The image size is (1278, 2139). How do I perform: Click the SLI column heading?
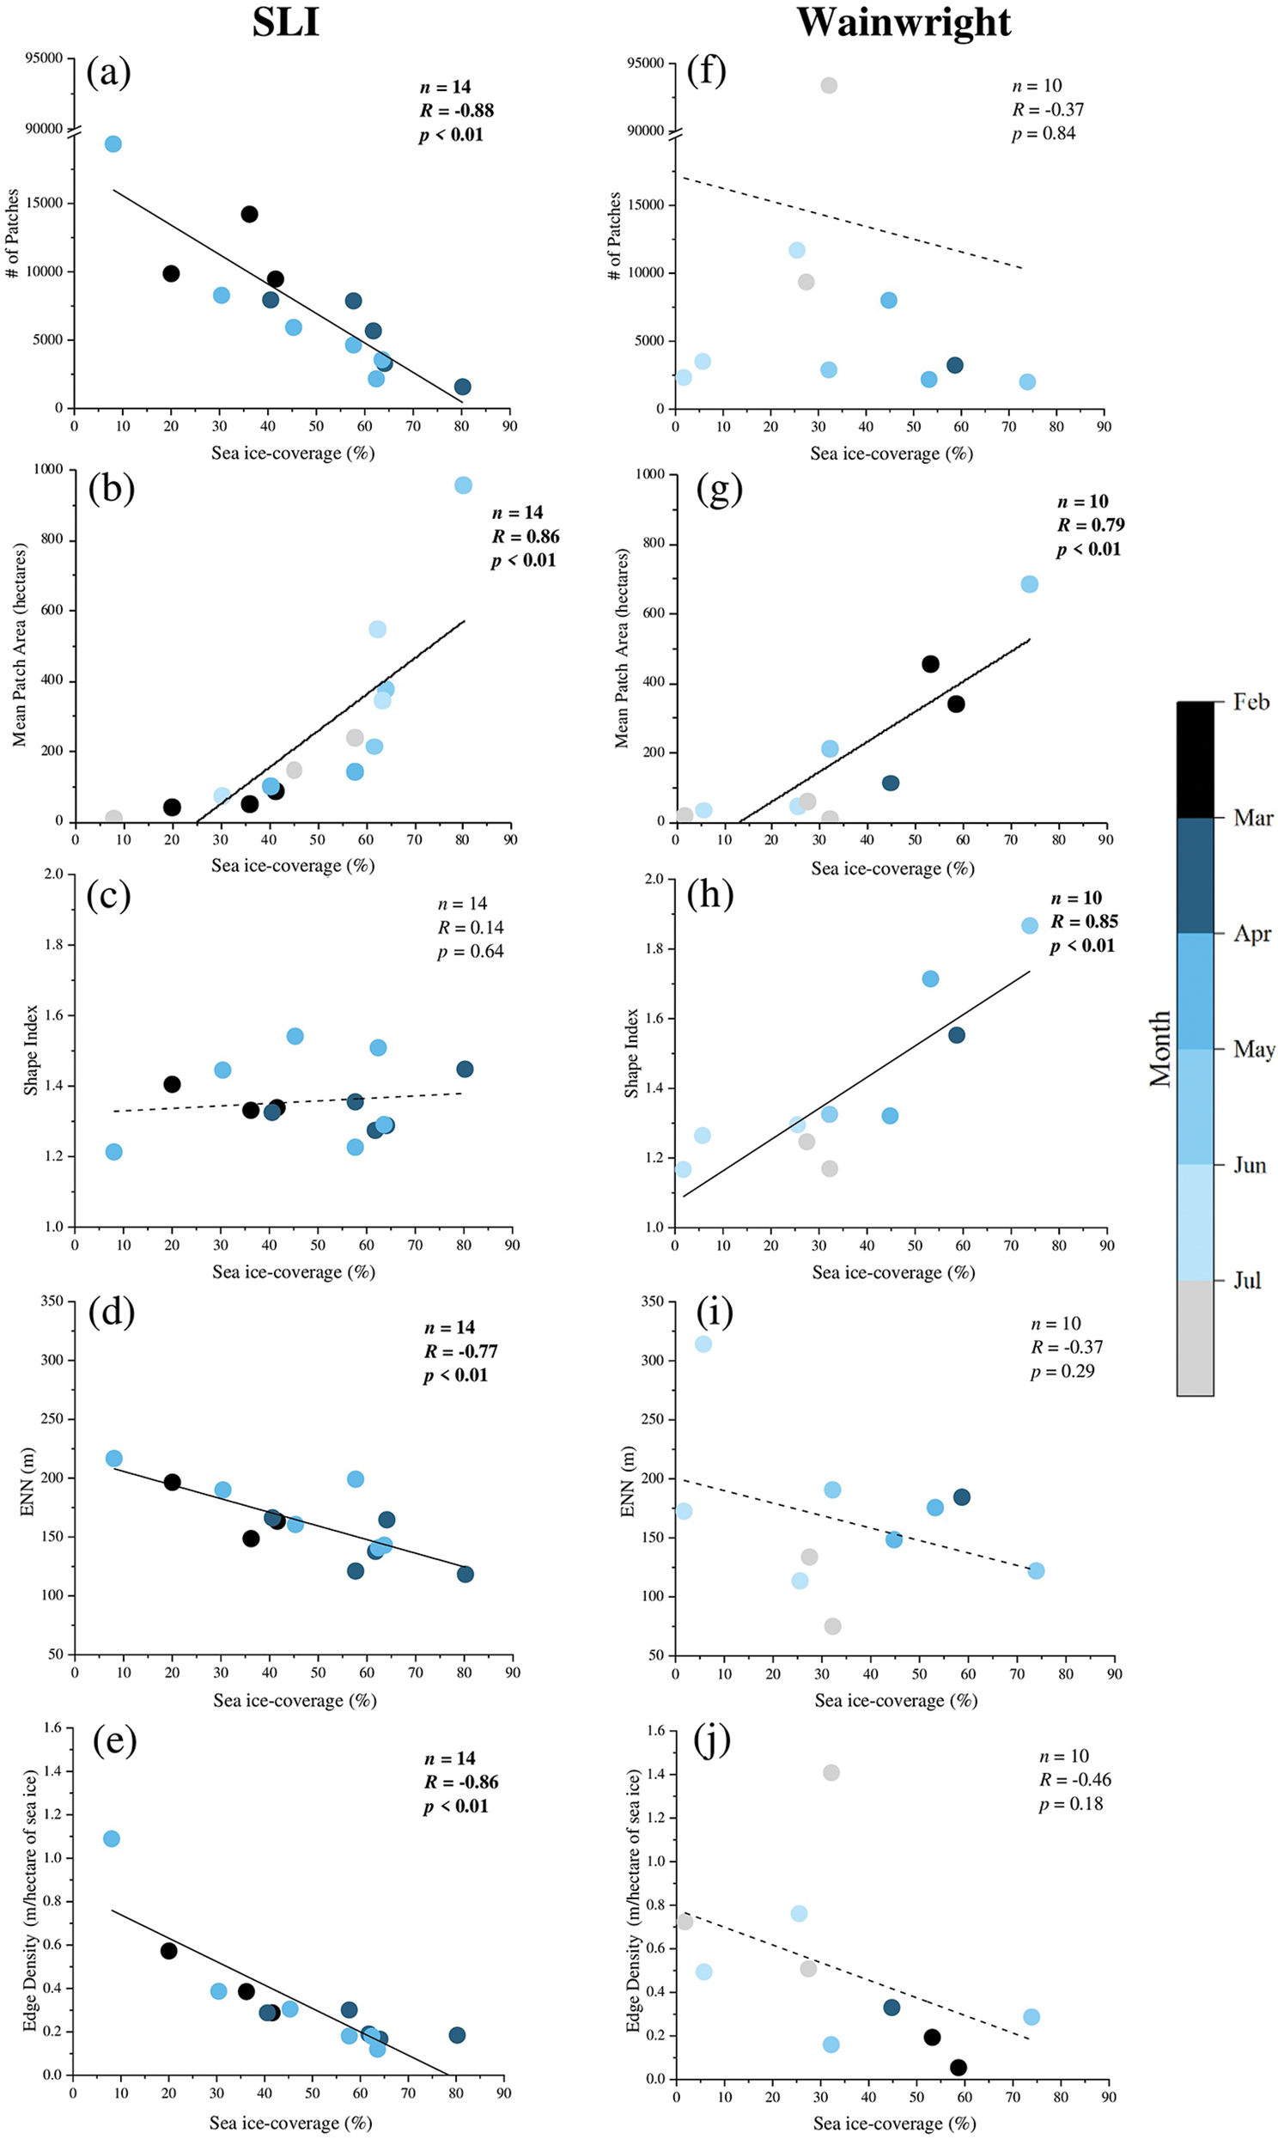tap(286, 22)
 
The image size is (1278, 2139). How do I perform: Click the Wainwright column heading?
tap(904, 22)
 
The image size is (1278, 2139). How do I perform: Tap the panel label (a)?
tap(108, 72)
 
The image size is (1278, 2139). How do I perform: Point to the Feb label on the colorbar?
tap(1251, 702)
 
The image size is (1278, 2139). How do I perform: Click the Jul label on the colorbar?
tap(1247, 1281)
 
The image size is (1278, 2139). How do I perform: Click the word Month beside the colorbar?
tap(1159, 1048)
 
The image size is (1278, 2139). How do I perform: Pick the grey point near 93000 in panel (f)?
tap(829, 85)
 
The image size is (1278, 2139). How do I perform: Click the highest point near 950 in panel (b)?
tap(463, 485)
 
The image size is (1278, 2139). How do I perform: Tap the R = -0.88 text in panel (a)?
tap(456, 110)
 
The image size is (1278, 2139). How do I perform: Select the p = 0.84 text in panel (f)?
tap(1043, 133)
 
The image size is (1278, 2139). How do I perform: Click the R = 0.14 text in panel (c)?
tap(470, 928)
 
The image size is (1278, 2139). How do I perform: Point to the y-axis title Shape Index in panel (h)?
tap(631, 1053)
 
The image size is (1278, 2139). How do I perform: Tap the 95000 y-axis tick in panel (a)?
tap(44, 58)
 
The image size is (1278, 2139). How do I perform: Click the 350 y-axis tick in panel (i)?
tap(652, 1301)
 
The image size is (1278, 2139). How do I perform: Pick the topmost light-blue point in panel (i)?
tap(703, 1344)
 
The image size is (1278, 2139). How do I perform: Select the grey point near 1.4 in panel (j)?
tap(831, 1772)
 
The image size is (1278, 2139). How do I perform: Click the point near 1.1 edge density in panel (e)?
tap(111, 1838)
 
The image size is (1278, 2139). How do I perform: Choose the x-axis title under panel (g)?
tap(892, 868)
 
